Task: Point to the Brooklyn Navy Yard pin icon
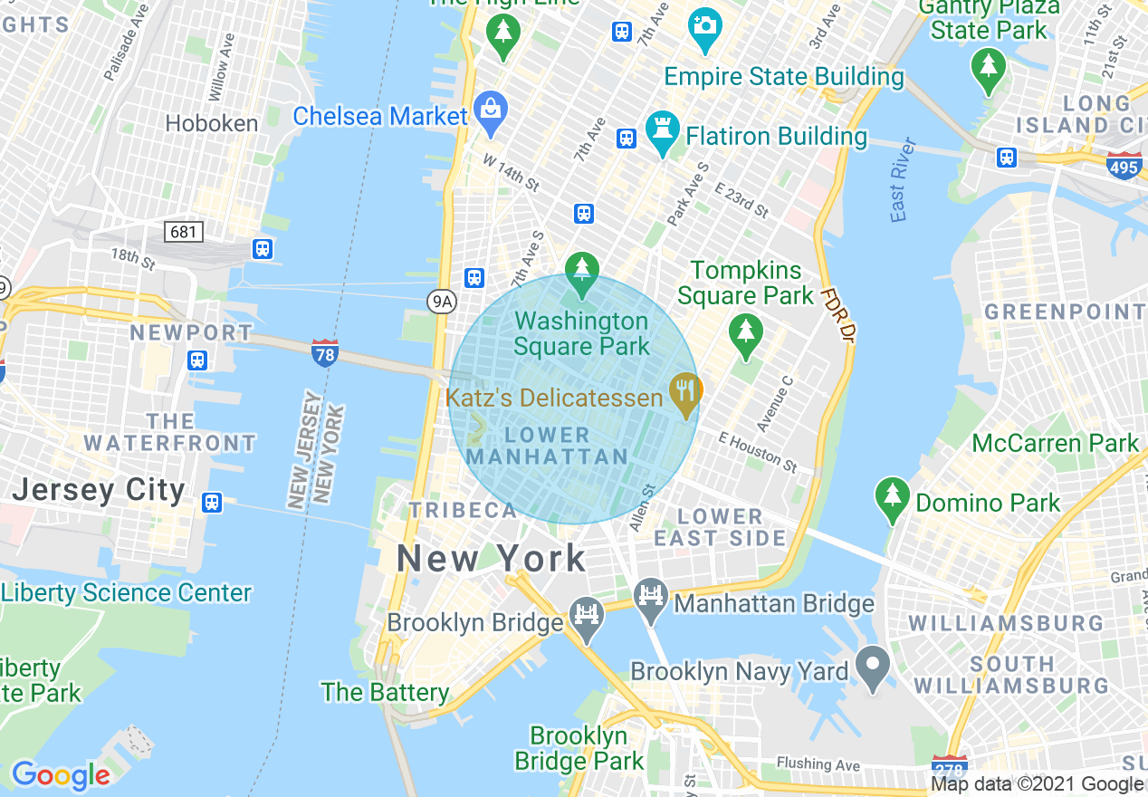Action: tap(873, 667)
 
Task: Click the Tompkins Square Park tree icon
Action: tap(744, 332)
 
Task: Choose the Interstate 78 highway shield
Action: tap(324, 352)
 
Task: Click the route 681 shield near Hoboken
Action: tap(183, 232)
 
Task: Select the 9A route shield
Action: tap(440, 301)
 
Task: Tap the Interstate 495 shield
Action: tap(1124, 166)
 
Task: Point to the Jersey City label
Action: tap(99, 490)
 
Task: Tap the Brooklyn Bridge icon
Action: tap(587, 616)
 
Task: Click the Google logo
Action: tap(60, 775)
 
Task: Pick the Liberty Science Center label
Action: tap(126, 593)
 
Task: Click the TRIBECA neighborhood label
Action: tap(463, 510)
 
